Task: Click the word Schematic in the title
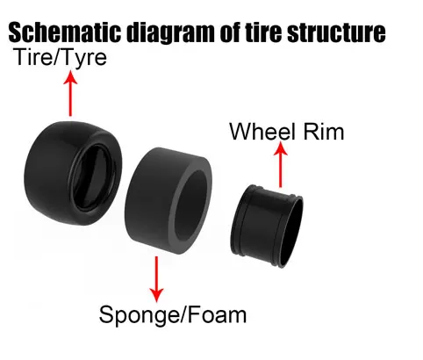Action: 64,32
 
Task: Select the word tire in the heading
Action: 264,32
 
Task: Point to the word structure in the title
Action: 336,32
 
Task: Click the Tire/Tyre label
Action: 60,58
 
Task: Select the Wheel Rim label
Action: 287,132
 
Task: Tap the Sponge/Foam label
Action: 173,315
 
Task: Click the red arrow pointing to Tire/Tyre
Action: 70,93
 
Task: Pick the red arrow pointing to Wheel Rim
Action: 281,164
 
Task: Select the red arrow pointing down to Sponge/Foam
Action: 156,279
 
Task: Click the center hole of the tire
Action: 94,178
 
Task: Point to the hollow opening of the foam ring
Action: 190,202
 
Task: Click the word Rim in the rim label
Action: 324,132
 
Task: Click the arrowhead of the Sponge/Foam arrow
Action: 156,295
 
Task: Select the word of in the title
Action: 231,32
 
